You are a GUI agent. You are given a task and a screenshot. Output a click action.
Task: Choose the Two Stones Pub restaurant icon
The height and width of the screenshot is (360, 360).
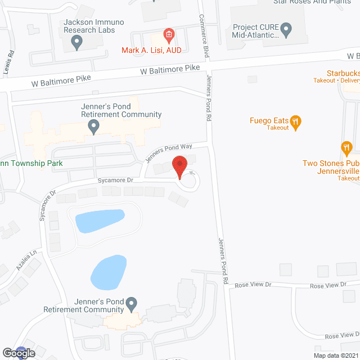pos(346,148)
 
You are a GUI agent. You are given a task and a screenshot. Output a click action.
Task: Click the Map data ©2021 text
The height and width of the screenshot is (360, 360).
pos(335,355)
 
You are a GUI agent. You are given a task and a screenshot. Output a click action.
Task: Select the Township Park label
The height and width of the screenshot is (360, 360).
pos(31,164)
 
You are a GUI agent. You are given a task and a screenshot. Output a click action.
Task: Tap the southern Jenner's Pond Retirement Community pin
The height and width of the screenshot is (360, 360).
pos(131,305)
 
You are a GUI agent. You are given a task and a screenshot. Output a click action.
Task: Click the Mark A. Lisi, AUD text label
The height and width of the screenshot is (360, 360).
pos(151,50)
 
